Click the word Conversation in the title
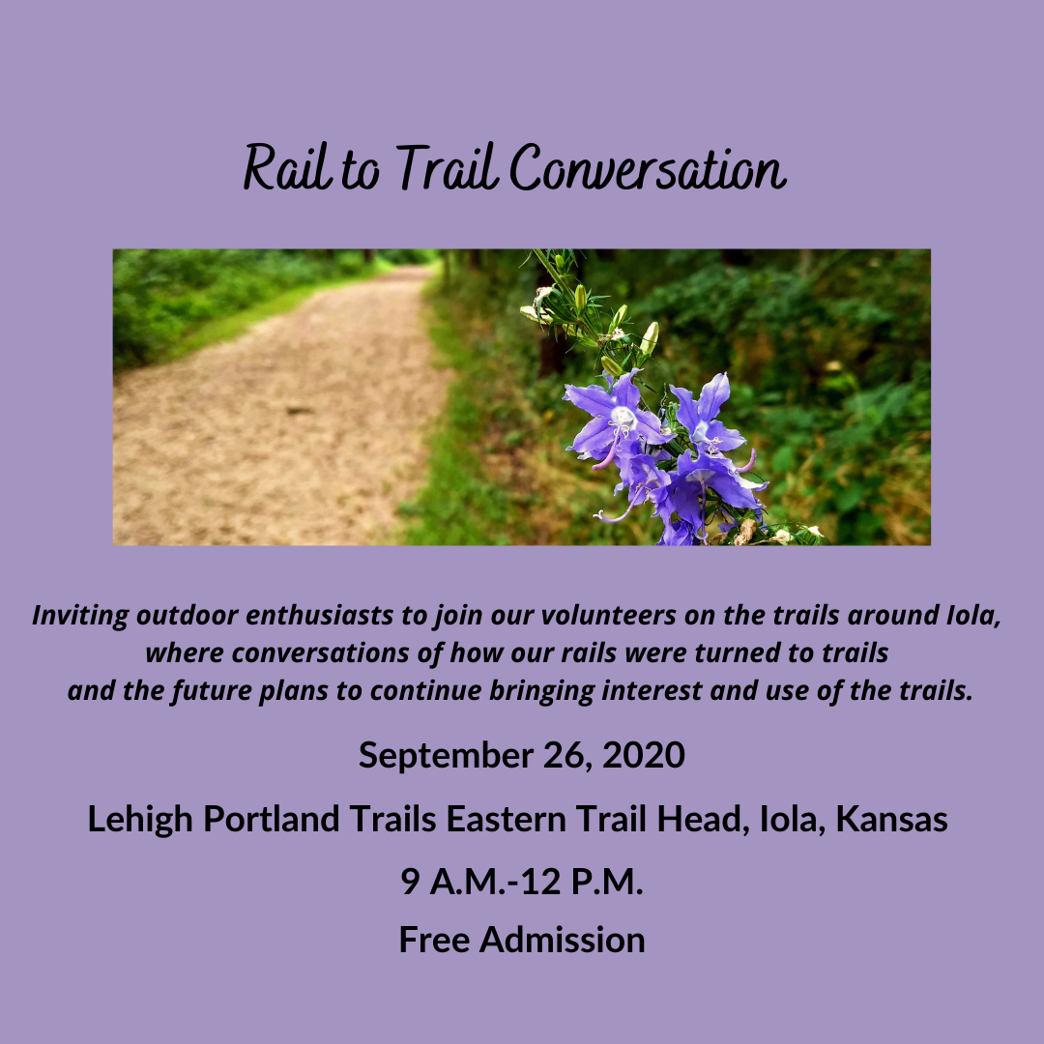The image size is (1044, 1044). pos(648,167)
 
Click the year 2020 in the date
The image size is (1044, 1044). pos(643,755)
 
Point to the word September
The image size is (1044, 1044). pos(446,756)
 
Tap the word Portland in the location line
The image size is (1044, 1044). pos(272,819)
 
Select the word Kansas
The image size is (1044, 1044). pos(891,819)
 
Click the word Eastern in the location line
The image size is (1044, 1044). pos(506,819)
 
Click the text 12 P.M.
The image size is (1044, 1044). pos(582,882)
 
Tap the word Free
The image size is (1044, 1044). pos(434,940)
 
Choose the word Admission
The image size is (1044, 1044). pos(562,940)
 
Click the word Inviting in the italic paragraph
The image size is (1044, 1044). pos(80,616)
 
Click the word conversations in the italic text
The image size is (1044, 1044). pos(320,652)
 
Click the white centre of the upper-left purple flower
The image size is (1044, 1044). pos(623,419)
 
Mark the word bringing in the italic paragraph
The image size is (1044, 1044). pos(541,691)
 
